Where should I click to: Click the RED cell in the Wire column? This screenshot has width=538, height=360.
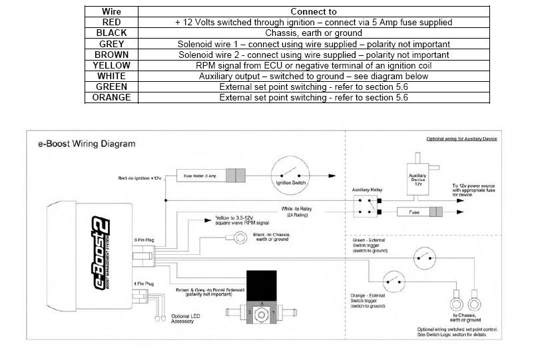click(x=111, y=22)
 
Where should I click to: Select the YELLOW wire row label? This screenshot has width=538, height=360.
click(x=111, y=65)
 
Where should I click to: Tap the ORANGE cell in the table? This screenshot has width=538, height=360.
click(x=111, y=97)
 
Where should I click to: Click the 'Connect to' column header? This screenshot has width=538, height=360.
click(x=314, y=11)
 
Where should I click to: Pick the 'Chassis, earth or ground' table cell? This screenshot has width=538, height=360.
click(x=314, y=33)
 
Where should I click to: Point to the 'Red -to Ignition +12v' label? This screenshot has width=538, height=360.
click(x=140, y=178)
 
